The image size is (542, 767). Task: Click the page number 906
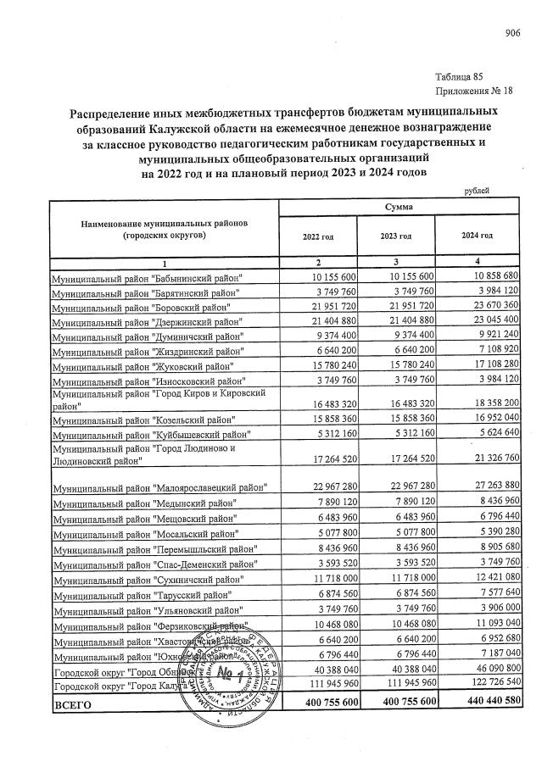click(x=511, y=33)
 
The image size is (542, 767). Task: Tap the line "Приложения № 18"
click(x=474, y=91)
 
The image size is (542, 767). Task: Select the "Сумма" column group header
click(x=398, y=207)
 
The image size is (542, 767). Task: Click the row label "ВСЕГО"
click(x=71, y=704)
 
